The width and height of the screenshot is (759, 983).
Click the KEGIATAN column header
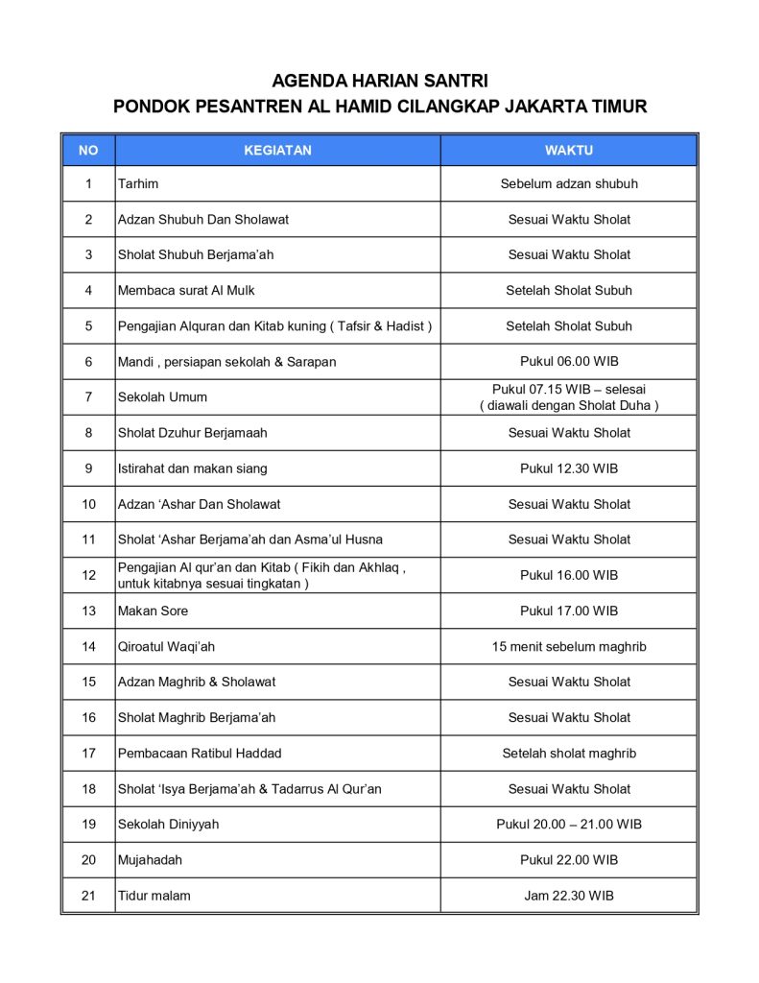point(277,151)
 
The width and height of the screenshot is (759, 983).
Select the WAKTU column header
point(569,151)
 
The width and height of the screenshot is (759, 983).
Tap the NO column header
point(88,151)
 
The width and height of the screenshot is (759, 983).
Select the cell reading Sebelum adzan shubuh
point(569,183)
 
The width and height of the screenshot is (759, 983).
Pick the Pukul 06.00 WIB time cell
point(569,362)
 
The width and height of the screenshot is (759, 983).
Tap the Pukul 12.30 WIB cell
point(569,468)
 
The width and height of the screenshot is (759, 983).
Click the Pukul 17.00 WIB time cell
point(569,611)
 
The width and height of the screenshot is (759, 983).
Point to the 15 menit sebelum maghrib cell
point(569,646)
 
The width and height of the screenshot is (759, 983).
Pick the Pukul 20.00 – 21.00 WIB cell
point(569,825)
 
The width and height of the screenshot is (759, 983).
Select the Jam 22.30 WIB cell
point(569,896)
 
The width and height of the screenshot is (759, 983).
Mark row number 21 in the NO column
point(88,896)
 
